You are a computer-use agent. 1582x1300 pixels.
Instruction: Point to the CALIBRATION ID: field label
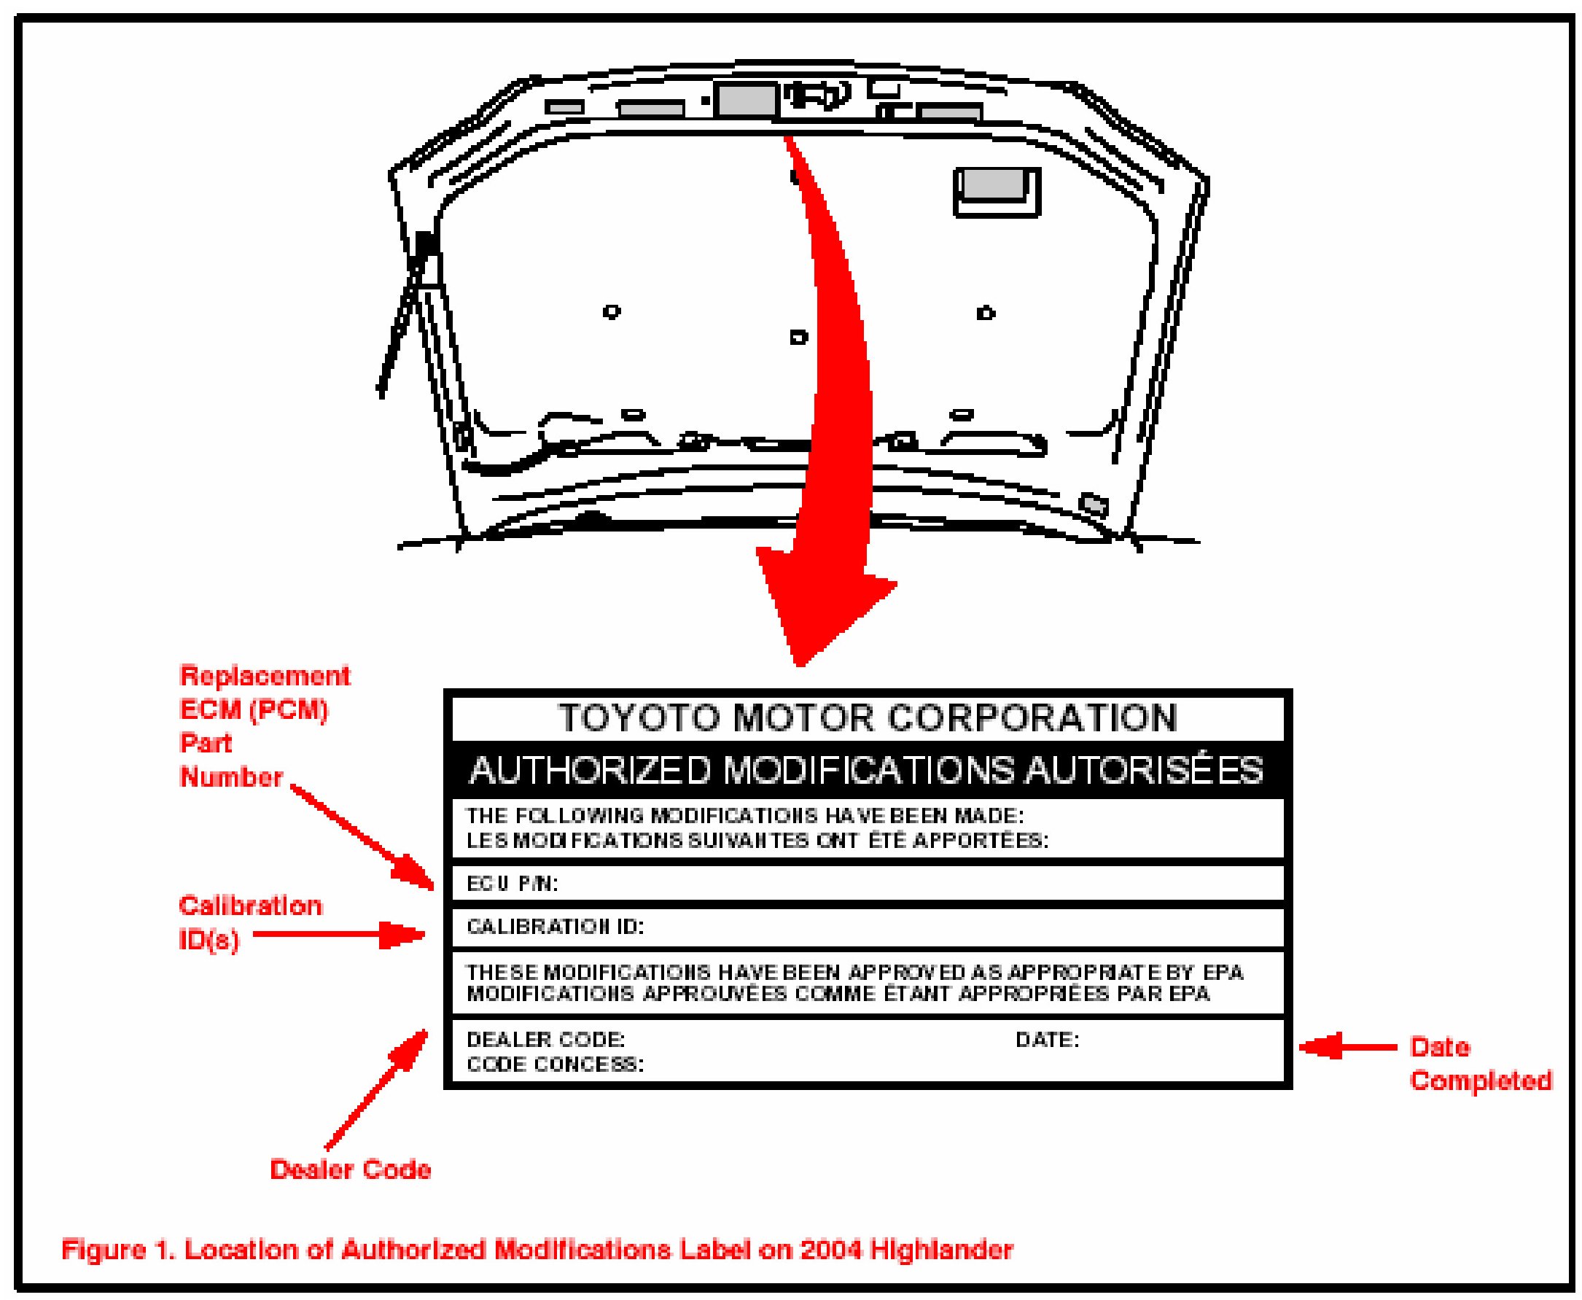click(x=555, y=927)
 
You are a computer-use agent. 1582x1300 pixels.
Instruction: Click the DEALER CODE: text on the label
click(x=545, y=1040)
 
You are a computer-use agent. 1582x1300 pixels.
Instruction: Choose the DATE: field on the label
click(x=1047, y=1040)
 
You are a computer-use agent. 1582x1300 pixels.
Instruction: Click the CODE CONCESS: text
click(x=555, y=1064)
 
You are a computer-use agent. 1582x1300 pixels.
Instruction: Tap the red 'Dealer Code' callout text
click(x=351, y=1169)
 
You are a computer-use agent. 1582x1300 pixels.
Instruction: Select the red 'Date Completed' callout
click(x=1479, y=1063)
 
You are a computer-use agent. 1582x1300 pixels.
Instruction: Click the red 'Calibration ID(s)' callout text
click(x=249, y=922)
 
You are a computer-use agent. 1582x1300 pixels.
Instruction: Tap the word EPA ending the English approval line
click(x=1223, y=972)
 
